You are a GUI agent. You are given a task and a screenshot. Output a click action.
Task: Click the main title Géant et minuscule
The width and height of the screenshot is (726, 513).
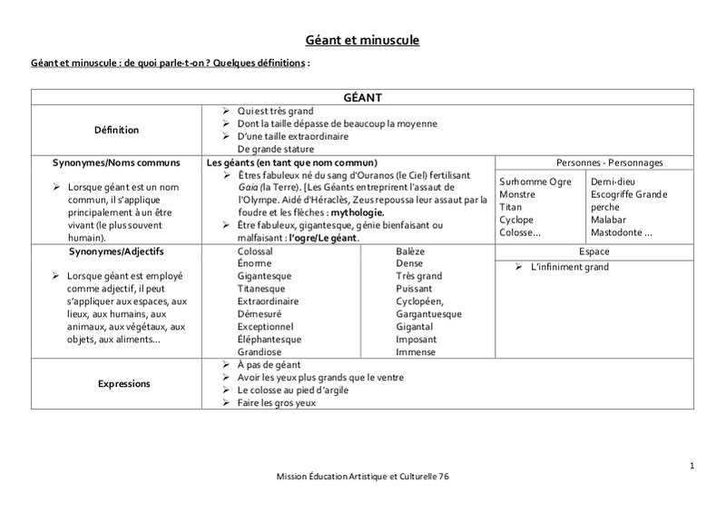[x=362, y=40]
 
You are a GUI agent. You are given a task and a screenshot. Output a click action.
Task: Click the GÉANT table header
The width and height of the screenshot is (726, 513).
[x=362, y=96]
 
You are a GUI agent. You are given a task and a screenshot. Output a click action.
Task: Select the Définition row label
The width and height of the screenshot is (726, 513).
[x=118, y=130]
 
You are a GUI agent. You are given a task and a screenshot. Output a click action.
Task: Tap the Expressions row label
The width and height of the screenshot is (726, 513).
[x=123, y=384]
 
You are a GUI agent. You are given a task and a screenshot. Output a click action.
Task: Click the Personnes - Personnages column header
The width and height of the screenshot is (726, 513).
[x=608, y=163]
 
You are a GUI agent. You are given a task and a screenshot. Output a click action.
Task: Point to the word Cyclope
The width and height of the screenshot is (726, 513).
[x=516, y=220]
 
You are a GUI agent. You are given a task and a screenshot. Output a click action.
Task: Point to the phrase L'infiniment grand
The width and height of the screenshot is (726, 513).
[x=569, y=267]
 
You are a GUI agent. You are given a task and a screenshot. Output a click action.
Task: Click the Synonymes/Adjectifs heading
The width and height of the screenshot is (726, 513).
[x=117, y=251]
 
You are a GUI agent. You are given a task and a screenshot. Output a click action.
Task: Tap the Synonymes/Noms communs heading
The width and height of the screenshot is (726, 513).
[x=117, y=163]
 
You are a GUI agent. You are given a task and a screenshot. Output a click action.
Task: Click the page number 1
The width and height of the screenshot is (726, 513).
[x=692, y=466]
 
